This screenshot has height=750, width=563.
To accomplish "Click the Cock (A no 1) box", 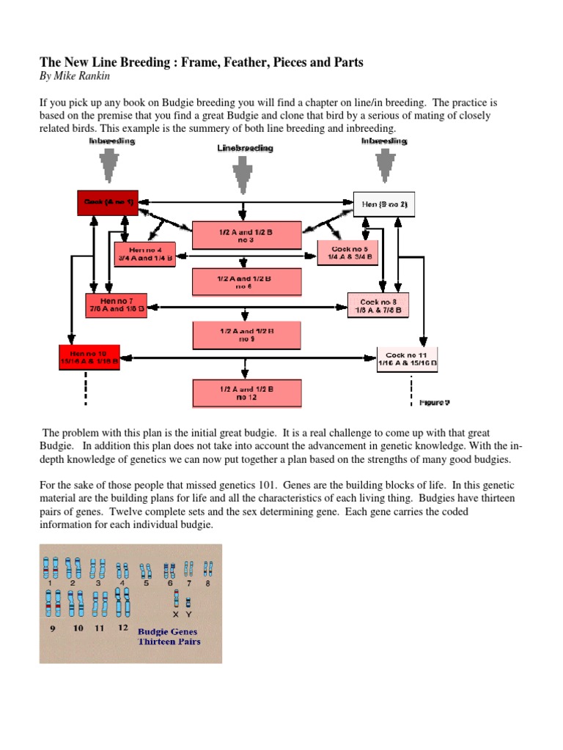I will coord(108,202).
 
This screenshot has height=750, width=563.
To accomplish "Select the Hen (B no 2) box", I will coord(384,204).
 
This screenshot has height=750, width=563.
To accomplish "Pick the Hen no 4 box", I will coord(145,253).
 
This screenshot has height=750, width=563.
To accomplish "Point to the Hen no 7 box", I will coord(117,304).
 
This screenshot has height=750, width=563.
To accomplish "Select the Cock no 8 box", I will coord(379,305).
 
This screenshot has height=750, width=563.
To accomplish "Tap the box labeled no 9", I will coord(245,335).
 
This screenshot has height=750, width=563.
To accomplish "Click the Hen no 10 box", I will coord(89,357).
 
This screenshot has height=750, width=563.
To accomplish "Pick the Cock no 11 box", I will coord(407,359).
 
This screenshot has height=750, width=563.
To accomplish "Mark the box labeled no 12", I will coord(245,393).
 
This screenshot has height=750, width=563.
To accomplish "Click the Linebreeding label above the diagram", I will coord(245,148).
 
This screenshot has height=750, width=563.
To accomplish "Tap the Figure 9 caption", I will coord(434,403).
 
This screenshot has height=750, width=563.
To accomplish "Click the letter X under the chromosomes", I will coord(176,615).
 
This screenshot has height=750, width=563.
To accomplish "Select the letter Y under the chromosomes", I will coord(188,615).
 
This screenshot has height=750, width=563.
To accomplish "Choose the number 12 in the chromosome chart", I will coord(122,628).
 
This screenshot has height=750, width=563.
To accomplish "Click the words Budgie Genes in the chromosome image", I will coord(168,631).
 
